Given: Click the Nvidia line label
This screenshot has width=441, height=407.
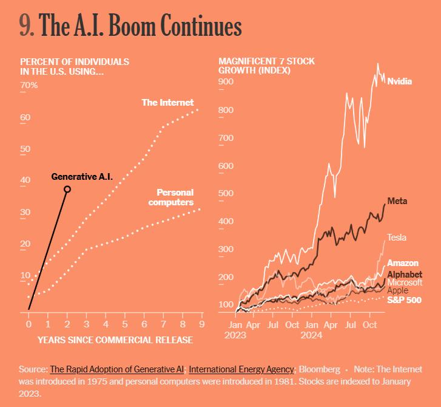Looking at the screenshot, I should click(x=399, y=81).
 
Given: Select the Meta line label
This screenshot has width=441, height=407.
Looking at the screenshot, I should click(x=397, y=201).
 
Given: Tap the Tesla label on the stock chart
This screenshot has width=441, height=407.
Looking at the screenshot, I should click(x=397, y=238).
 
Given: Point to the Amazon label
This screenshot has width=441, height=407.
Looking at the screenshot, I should click(x=403, y=263).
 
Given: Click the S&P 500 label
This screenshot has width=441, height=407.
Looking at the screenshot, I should click(x=405, y=300).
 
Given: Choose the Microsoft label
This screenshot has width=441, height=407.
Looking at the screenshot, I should click(x=405, y=282).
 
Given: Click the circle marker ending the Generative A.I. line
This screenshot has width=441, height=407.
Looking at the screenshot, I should click(x=67, y=190).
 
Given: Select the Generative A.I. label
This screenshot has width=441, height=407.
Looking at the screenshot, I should click(x=82, y=177).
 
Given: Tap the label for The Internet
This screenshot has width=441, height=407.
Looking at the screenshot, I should click(x=167, y=103).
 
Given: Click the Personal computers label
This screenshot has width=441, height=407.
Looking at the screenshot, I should click(x=170, y=197).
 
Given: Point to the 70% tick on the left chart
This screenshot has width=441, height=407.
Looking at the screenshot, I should click(x=29, y=85).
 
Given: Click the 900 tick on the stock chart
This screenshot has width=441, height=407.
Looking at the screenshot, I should click(x=226, y=81).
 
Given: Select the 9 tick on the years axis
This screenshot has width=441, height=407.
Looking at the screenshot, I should click(x=201, y=325).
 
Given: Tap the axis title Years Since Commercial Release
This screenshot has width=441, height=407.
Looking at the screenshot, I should click(x=115, y=340).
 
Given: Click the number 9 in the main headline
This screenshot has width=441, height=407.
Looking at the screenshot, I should click(x=25, y=26).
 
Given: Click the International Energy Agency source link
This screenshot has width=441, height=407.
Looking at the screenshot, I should click(x=241, y=369).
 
